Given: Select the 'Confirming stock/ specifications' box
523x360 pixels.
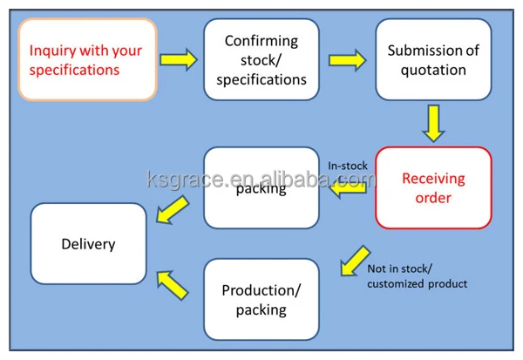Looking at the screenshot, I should click(261, 59).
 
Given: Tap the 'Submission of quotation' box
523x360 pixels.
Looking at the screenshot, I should click(433, 59).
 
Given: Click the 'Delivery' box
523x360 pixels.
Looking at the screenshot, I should click(88, 243).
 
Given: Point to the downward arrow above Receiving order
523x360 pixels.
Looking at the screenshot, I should click(433, 123).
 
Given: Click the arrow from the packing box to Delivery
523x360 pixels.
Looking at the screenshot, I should click(173, 210).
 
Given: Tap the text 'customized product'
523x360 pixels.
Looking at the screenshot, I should click(418, 283).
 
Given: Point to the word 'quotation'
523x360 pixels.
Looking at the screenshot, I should click(433, 71).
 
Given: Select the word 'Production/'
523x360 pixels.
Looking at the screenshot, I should click(261, 290).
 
